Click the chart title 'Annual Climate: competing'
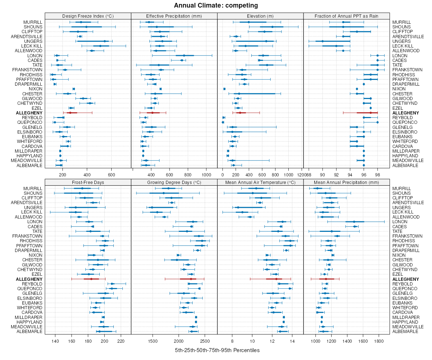tap(216, 5)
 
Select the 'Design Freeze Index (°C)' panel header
tap(88, 16)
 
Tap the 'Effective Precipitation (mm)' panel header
tap(174, 16)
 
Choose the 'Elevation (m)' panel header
tap(260, 16)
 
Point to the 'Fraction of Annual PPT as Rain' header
tap(346, 16)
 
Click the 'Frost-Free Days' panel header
tap(88, 182)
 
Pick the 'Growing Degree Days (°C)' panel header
tap(174, 182)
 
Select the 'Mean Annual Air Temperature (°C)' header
tap(260, 182)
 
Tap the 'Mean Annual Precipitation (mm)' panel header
tap(346, 182)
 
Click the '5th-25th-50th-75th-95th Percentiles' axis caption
tap(217, 350)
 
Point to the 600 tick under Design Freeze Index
tap(112, 175)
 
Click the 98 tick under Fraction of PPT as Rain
tap(377, 175)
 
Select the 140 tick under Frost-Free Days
tap(55, 341)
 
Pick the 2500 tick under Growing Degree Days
tap(205, 341)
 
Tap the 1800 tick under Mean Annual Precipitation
tap(379, 341)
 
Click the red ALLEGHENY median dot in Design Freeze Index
tap(70, 113)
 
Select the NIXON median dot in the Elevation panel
tap(224, 89)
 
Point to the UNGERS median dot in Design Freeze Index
tap(105, 41)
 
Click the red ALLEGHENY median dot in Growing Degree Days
tap(191, 279)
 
